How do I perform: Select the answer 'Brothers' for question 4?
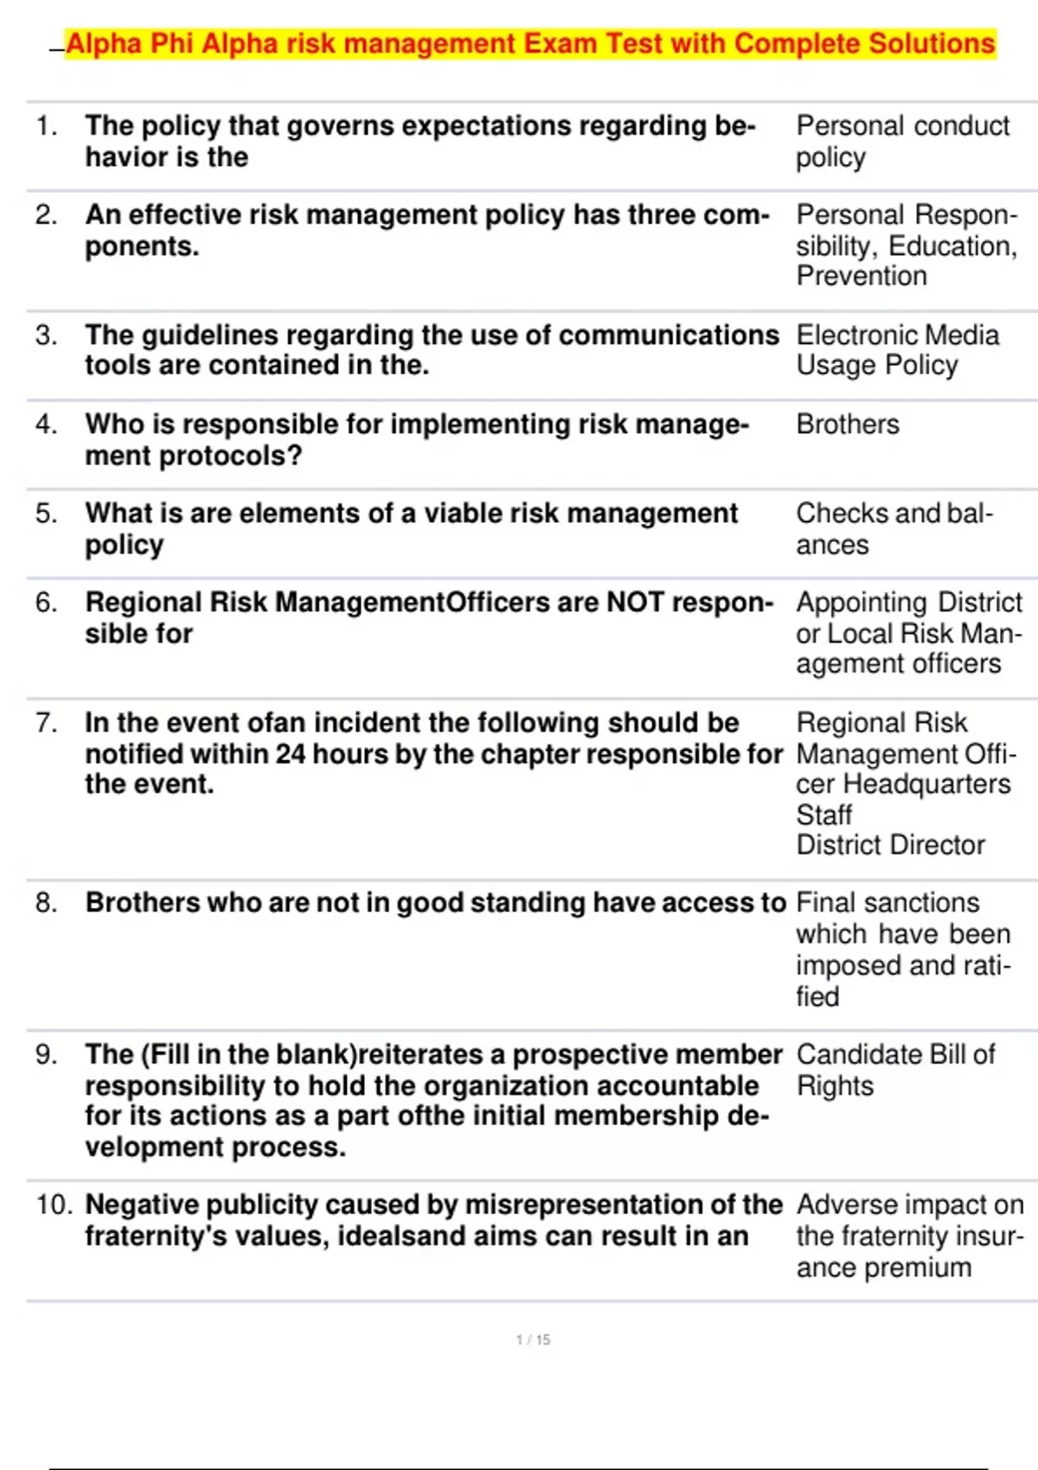point(848,425)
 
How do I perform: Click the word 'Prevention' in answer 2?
point(862,277)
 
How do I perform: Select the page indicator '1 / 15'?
point(533,1339)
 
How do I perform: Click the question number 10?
point(54,1205)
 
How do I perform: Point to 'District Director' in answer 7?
point(890,845)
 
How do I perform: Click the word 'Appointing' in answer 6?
point(862,603)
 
